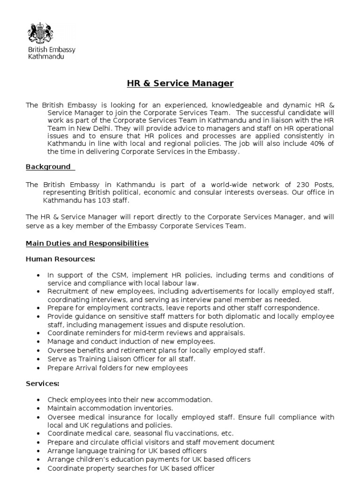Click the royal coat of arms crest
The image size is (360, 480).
[41, 33]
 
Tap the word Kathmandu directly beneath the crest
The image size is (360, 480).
[46, 56]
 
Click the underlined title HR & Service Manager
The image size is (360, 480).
[180, 84]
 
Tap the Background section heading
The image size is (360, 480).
[48, 167]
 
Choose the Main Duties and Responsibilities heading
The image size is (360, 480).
[87, 243]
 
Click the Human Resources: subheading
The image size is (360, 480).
[60, 259]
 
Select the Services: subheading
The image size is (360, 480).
[43, 384]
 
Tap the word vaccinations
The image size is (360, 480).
[190, 433]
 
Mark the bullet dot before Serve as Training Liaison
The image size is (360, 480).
[37, 359]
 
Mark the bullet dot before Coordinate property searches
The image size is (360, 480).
[37, 468]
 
